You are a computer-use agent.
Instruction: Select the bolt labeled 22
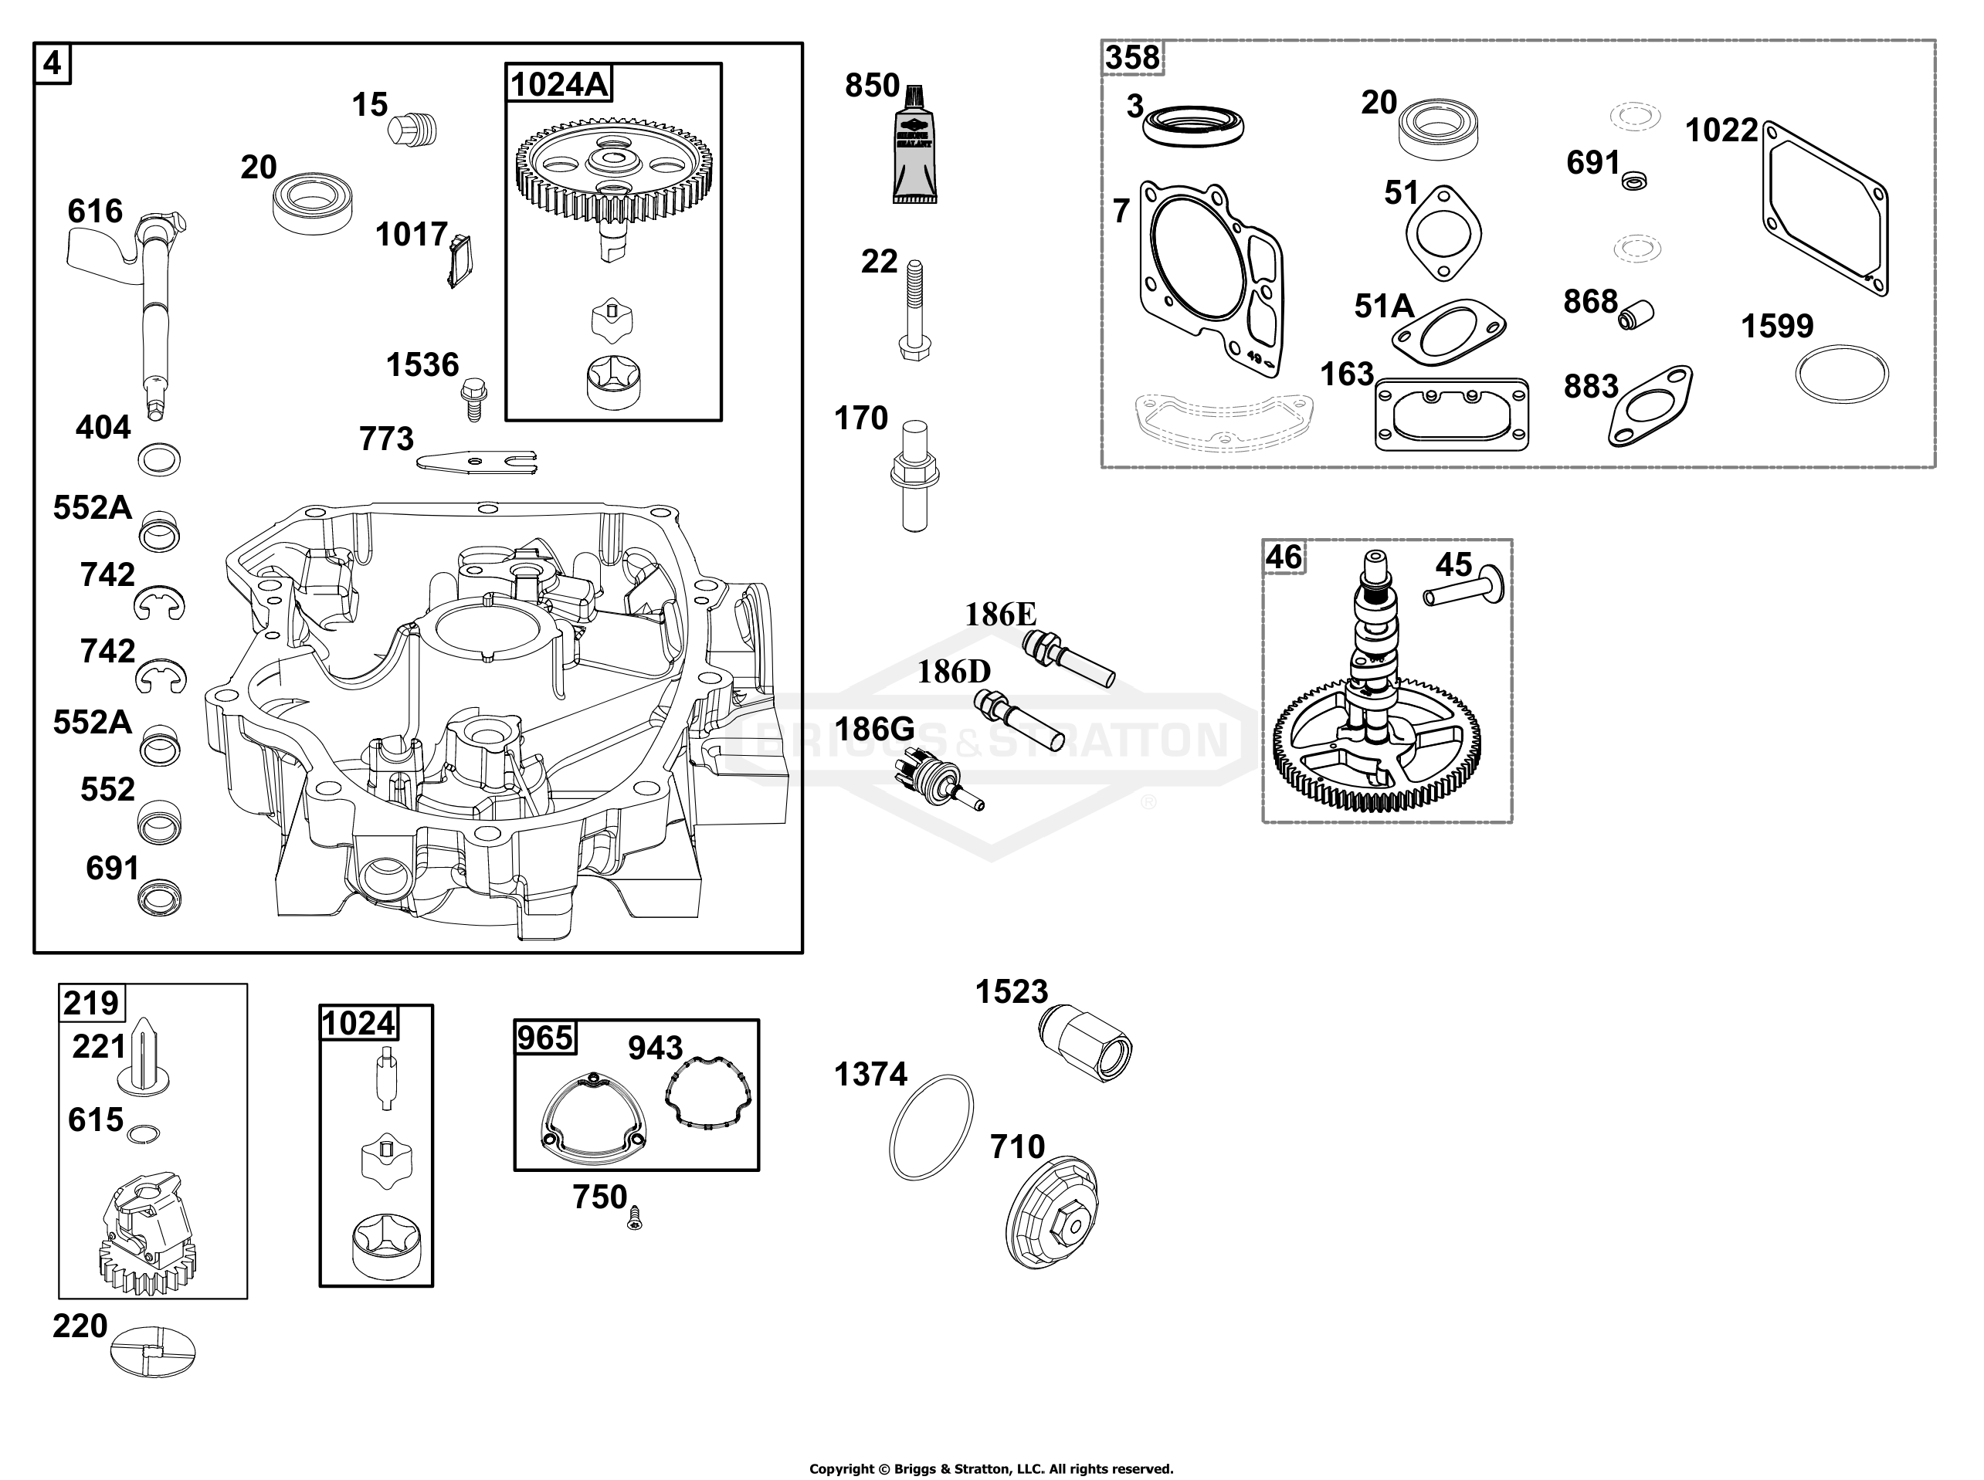[x=914, y=309]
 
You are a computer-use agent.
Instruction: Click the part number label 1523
[x=1011, y=992]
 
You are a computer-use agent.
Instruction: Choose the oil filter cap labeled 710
[x=1052, y=1211]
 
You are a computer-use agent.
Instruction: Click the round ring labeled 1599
[x=1842, y=374]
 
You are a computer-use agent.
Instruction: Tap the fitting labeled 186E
[x=1068, y=659]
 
